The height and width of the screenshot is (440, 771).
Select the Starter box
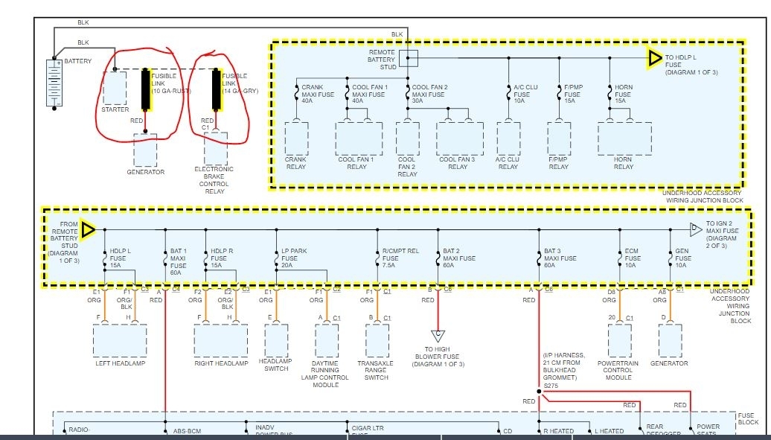click(x=115, y=88)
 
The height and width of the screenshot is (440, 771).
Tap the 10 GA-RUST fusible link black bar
click(x=146, y=90)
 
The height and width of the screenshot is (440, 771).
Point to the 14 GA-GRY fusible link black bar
click(x=216, y=90)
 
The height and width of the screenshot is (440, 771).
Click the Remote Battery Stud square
click(x=409, y=58)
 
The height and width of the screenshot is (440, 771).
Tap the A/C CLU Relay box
click(x=508, y=136)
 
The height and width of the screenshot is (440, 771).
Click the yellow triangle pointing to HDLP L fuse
click(x=654, y=58)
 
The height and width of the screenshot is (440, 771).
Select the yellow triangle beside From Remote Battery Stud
click(x=88, y=230)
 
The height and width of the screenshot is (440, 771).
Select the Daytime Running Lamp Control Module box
click(x=327, y=342)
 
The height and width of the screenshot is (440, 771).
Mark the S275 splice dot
click(x=538, y=390)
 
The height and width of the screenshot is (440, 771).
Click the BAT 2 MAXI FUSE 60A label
click(x=460, y=258)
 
